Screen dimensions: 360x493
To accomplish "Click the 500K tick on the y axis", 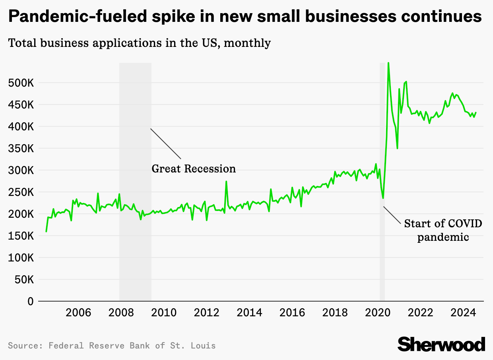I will (21, 83).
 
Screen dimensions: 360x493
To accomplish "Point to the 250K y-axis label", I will (21, 193).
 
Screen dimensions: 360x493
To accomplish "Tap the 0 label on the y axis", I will (30, 302).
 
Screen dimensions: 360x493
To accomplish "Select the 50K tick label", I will (23, 280).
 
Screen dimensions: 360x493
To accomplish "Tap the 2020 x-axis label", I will (378, 312).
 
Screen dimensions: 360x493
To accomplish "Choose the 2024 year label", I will (464, 312).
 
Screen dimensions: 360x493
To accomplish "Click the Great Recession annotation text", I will (194, 169).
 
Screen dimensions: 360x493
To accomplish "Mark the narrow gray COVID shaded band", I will (382, 258).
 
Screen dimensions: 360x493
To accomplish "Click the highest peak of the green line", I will (388, 63).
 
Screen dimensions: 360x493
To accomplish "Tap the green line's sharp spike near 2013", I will (226, 182).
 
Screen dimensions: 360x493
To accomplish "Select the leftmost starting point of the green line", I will (46, 231).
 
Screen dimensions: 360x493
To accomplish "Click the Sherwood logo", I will (441, 344).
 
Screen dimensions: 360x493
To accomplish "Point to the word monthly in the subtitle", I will (247, 43).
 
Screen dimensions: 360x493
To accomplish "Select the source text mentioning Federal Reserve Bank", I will (112, 345).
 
